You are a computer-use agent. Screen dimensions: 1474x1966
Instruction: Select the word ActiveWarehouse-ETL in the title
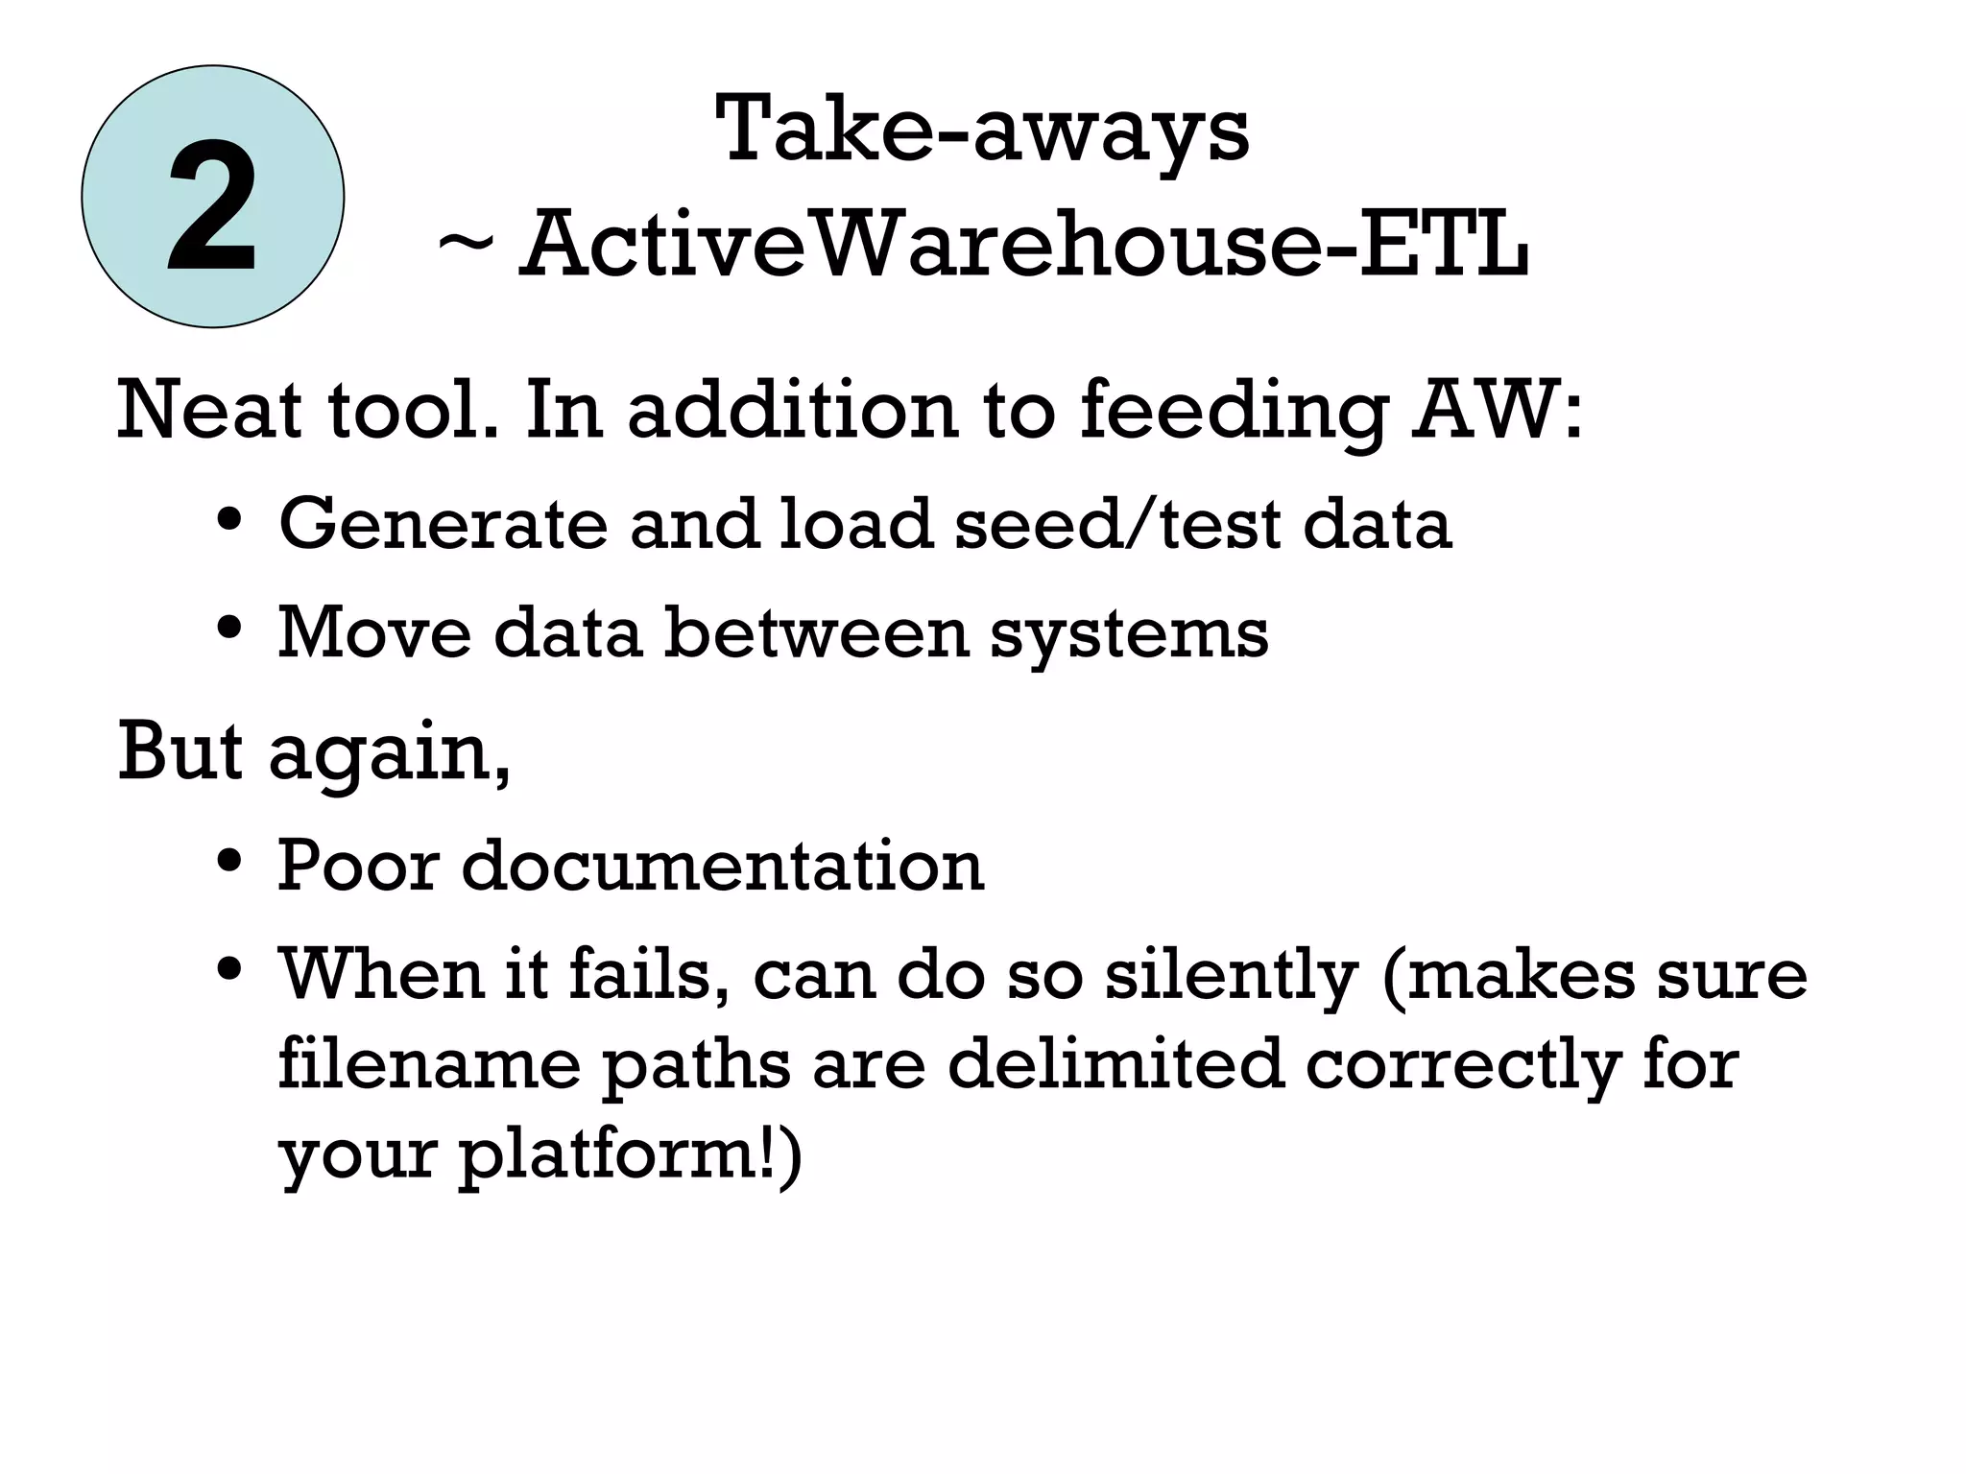click(x=1023, y=244)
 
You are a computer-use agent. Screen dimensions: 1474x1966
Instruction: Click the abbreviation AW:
click(x=1498, y=410)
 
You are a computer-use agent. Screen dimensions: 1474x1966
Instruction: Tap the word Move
click(x=374, y=632)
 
